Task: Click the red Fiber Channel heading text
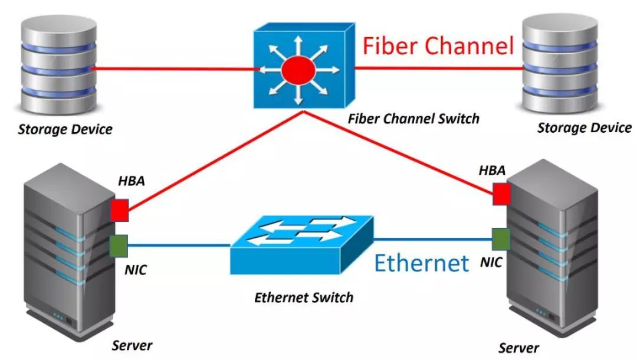pos(438,46)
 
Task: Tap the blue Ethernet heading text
pos(422,263)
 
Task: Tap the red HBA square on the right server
pos(501,194)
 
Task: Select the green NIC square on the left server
pos(119,246)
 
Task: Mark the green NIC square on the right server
pos(501,239)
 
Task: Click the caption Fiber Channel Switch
pos(413,119)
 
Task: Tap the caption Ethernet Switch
pos(304,297)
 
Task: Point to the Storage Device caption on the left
pos(65,129)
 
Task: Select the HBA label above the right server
pos(492,171)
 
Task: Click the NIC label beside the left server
pos(136,271)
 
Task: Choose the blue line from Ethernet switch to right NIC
pos(434,239)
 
